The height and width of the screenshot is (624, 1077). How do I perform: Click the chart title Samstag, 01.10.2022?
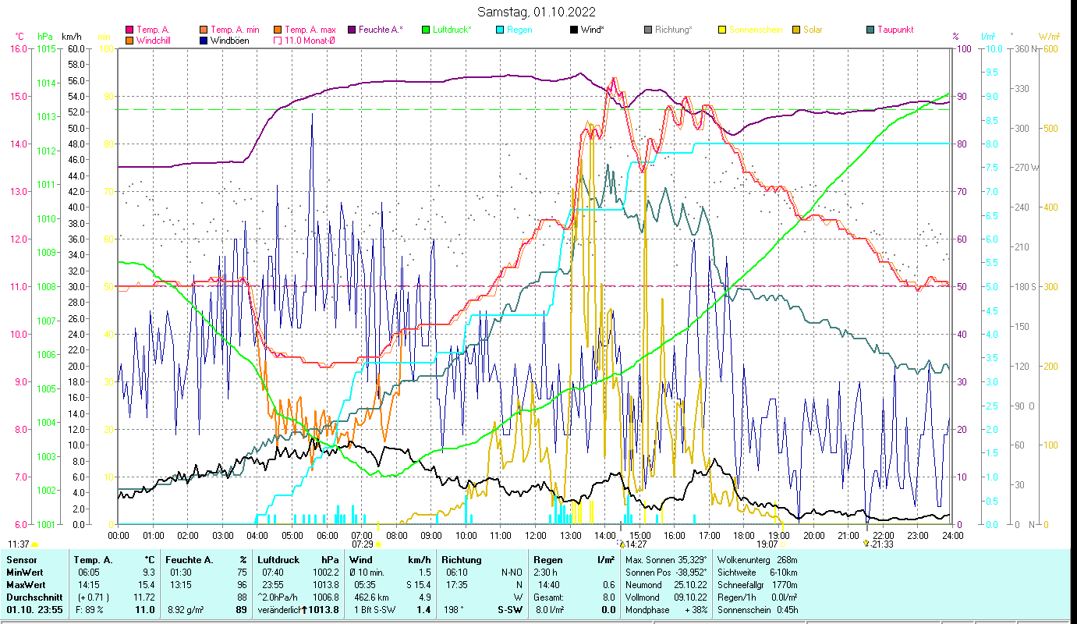(x=537, y=12)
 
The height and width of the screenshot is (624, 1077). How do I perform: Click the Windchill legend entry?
(x=152, y=41)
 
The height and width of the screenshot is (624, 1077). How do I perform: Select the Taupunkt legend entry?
(x=895, y=30)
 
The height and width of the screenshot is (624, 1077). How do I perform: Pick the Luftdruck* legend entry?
(x=452, y=30)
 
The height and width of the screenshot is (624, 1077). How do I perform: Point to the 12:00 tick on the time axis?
(x=535, y=536)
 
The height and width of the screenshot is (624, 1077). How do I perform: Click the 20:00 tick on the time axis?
(x=813, y=536)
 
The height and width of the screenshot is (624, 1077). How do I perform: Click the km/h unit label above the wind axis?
(x=71, y=37)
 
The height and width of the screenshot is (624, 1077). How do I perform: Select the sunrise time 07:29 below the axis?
(x=363, y=544)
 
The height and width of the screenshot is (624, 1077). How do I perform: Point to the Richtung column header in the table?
(x=461, y=559)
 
